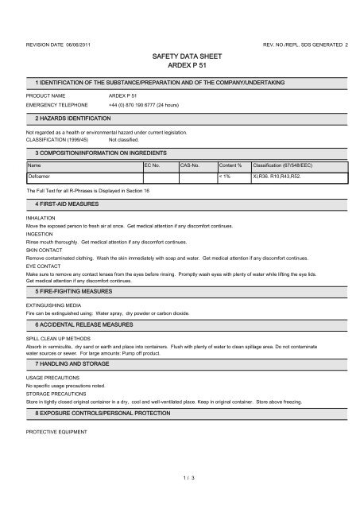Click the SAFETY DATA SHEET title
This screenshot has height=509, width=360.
coord(179,57)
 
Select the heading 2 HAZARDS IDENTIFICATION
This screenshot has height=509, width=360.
coord(72,118)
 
